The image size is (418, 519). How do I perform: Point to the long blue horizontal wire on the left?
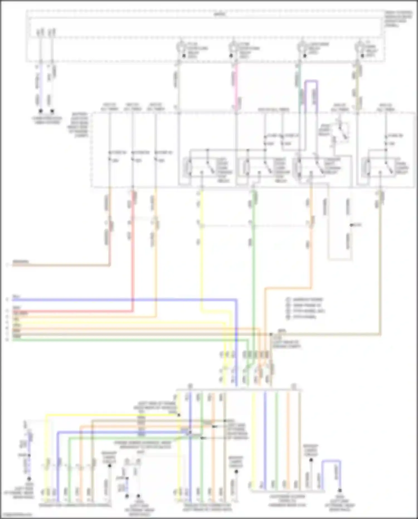pyautogui.click(x=111, y=300)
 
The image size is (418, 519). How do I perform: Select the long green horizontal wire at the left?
pyautogui.click(x=111, y=340)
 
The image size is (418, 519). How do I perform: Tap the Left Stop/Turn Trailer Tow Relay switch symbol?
pyautogui.click(x=209, y=167)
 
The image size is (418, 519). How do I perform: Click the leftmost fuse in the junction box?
pyautogui.click(x=110, y=156)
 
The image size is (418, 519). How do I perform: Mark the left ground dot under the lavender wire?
pyautogui.click(x=41, y=111)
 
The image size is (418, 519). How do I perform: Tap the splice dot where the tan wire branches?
pyautogui.click(x=271, y=334)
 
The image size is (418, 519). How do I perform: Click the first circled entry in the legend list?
pyautogui.click(x=288, y=300)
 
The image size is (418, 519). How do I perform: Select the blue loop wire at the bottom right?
pyautogui.click(x=332, y=462)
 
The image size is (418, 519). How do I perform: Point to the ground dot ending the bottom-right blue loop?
pyautogui.click(x=340, y=490)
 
